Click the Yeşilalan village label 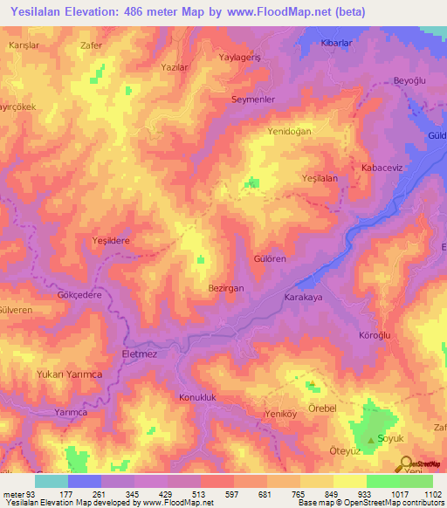pos(319,177)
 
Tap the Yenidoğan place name pos(290,131)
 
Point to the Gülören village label pos(269,260)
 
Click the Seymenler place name pos(253,100)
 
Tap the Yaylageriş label pos(241,58)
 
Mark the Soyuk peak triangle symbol pos(372,441)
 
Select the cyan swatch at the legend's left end pos(51,481)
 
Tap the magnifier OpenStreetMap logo pos(405,464)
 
